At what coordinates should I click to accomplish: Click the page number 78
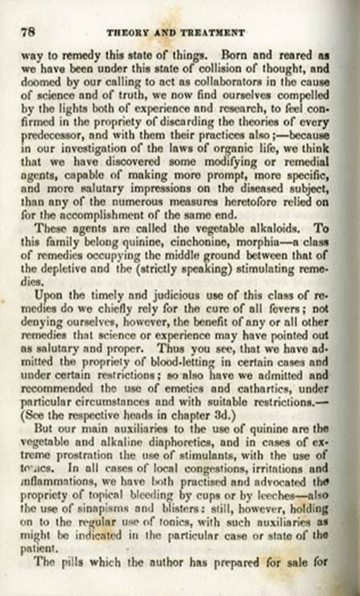[x=30, y=32]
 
